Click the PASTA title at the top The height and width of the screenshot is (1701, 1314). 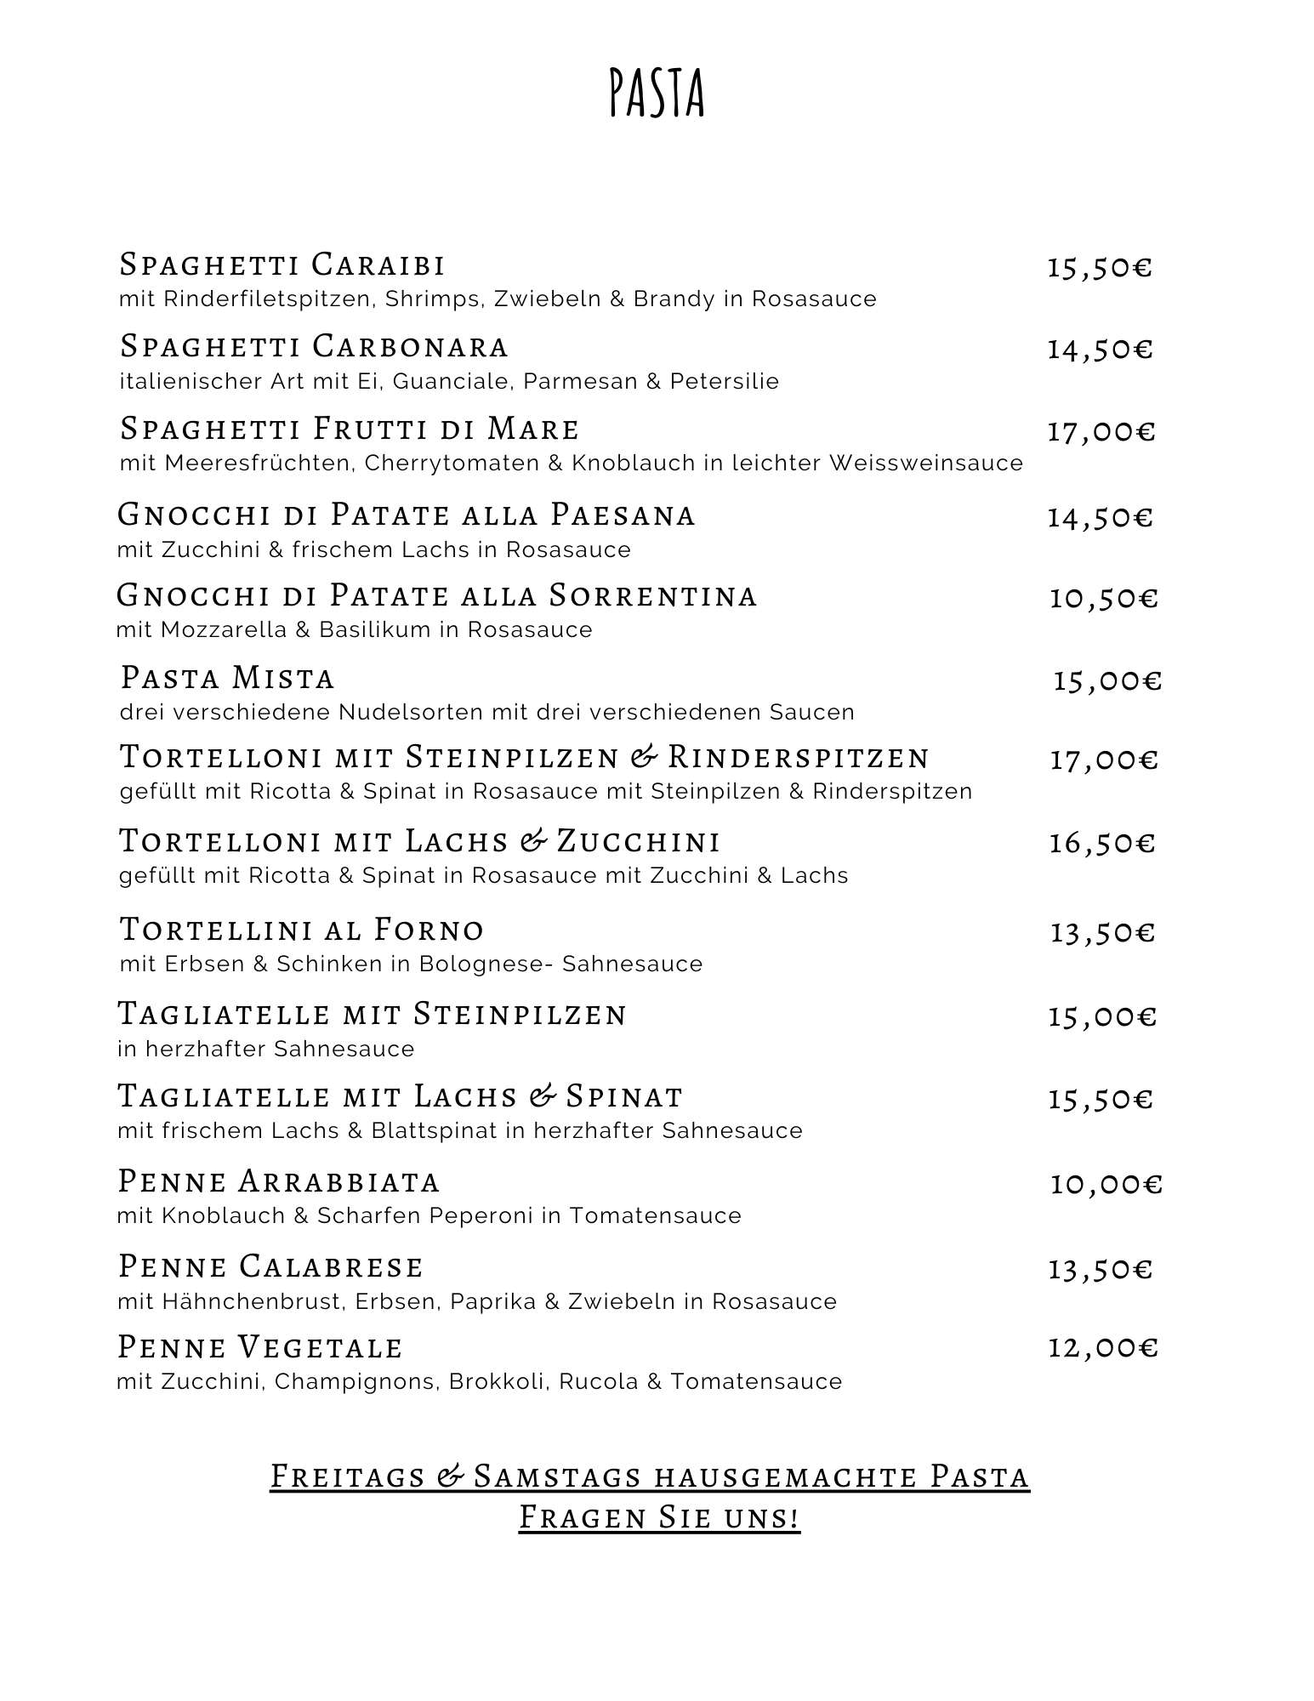tap(657, 93)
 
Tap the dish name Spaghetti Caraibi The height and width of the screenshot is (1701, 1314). tap(282, 265)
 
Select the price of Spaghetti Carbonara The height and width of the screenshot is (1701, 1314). tap(1099, 349)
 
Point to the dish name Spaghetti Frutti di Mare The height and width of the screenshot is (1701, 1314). tap(350, 429)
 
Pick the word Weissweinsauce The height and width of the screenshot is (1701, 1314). tap(926, 464)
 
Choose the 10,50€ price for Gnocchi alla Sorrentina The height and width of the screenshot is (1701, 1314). tap(1103, 598)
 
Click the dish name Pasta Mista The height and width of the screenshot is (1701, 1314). tap(227, 678)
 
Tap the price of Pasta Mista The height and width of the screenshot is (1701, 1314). tap(1106, 680)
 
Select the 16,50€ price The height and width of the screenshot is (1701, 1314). tap(1101, 843)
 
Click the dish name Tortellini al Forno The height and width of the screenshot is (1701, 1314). tap(302, 929)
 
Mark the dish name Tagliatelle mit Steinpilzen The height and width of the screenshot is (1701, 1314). tap(372, 1014)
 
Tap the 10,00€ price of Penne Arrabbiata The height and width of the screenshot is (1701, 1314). tap(1106, 1184)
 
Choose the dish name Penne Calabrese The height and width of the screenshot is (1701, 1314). tap(270, 1266)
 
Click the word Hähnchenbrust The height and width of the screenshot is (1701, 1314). tap(229, 1302)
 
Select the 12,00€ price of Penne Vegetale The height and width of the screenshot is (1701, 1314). tap(1102, 1347)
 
